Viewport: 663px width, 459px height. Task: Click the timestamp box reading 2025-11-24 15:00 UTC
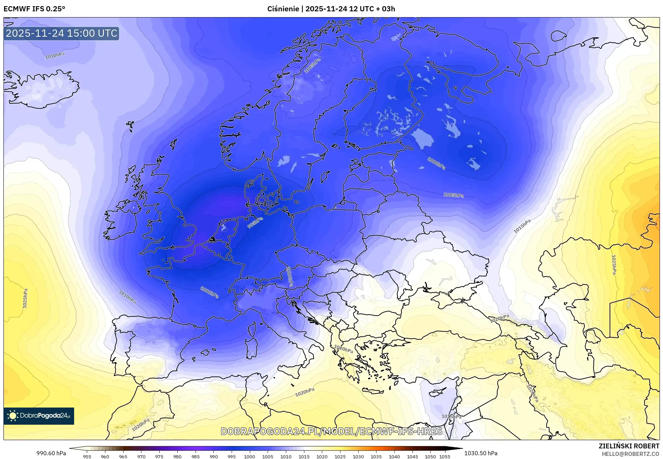click(61, 33)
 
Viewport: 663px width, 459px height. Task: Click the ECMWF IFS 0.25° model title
click(34, 9)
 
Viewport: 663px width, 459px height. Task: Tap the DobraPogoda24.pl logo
click(39, 416)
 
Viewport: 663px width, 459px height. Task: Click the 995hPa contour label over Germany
click(255, 223)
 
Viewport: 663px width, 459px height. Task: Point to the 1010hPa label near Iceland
click(55, 56)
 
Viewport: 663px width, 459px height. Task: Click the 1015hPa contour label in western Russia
click(522, 226)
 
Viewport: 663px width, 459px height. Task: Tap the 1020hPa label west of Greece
click(344, 349)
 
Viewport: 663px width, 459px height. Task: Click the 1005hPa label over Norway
click(312, 66)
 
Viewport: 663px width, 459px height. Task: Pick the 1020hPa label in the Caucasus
click(499, 318)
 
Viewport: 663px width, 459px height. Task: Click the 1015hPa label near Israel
click(451, 416)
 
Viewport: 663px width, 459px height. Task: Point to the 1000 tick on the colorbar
click(249, 456)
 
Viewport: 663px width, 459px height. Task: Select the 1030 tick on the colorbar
click(358, 456)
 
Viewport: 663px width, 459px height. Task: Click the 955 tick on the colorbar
click(87, 456)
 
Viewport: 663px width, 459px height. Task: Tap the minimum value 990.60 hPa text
click(51, 453)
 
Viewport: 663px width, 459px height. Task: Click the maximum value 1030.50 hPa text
click(480, 453)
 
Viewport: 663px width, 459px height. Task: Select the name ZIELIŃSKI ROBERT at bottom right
click(629, 446)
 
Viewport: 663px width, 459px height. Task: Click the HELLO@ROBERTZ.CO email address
click(630, 454)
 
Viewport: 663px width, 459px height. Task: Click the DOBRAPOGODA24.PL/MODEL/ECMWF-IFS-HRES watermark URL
click(331, 431)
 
